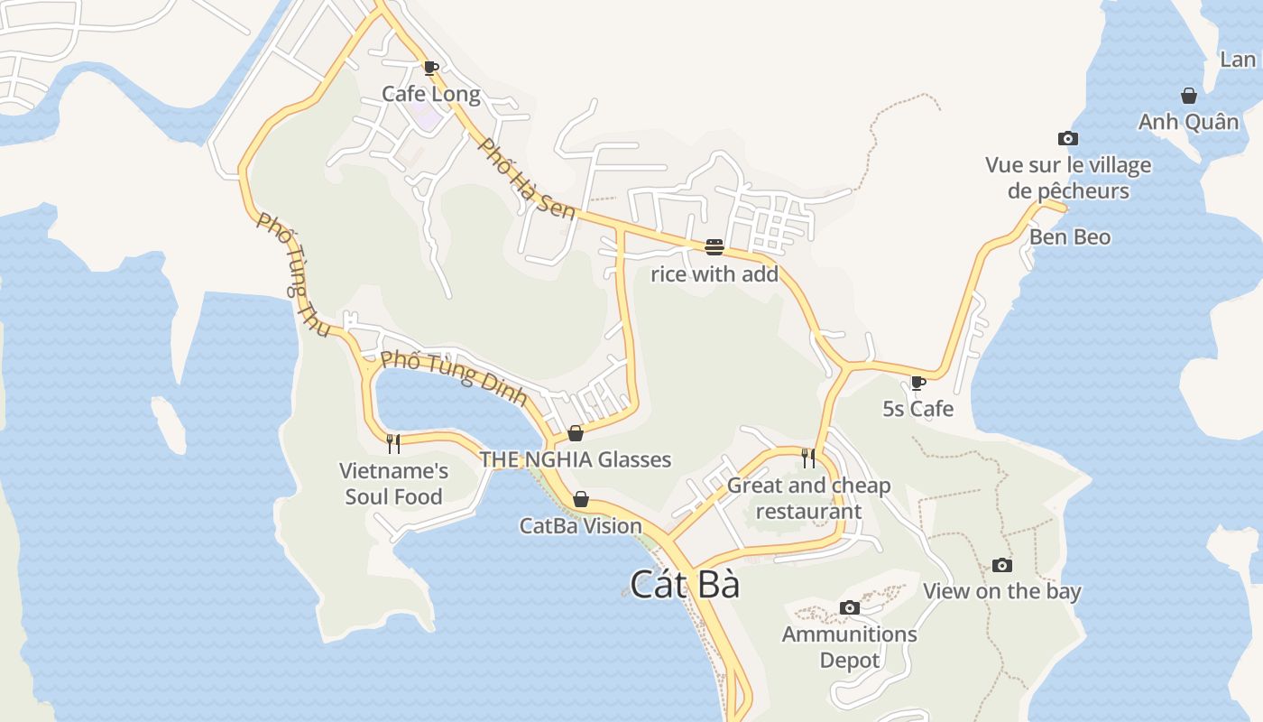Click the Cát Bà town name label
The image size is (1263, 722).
pos(685,585)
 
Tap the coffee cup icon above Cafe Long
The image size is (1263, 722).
pos(430,68)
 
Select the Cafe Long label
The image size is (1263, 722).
pos(430,94)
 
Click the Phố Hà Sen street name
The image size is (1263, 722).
pos(526,179)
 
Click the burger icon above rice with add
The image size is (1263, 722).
pos(714,247)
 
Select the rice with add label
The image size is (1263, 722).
pos(714,274)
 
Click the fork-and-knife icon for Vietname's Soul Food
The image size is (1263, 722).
pos(393,443)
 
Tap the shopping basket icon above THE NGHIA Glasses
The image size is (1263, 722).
pos(576,433)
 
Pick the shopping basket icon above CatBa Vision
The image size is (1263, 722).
pos(581,499)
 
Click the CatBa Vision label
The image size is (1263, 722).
pos(581,525)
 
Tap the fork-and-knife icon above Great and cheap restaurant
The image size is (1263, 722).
pos(808,458)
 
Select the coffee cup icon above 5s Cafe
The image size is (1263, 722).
pos(918,383)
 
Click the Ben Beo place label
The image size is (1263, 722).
pos(1070,237)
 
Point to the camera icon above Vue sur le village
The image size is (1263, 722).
pos(1068,138)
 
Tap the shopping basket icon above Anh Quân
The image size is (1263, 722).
pos(1189,96)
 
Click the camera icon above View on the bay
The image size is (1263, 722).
pos(1001,566)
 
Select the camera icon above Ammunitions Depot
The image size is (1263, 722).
pos(849,607)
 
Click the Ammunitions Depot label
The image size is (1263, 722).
pos(849,647)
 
